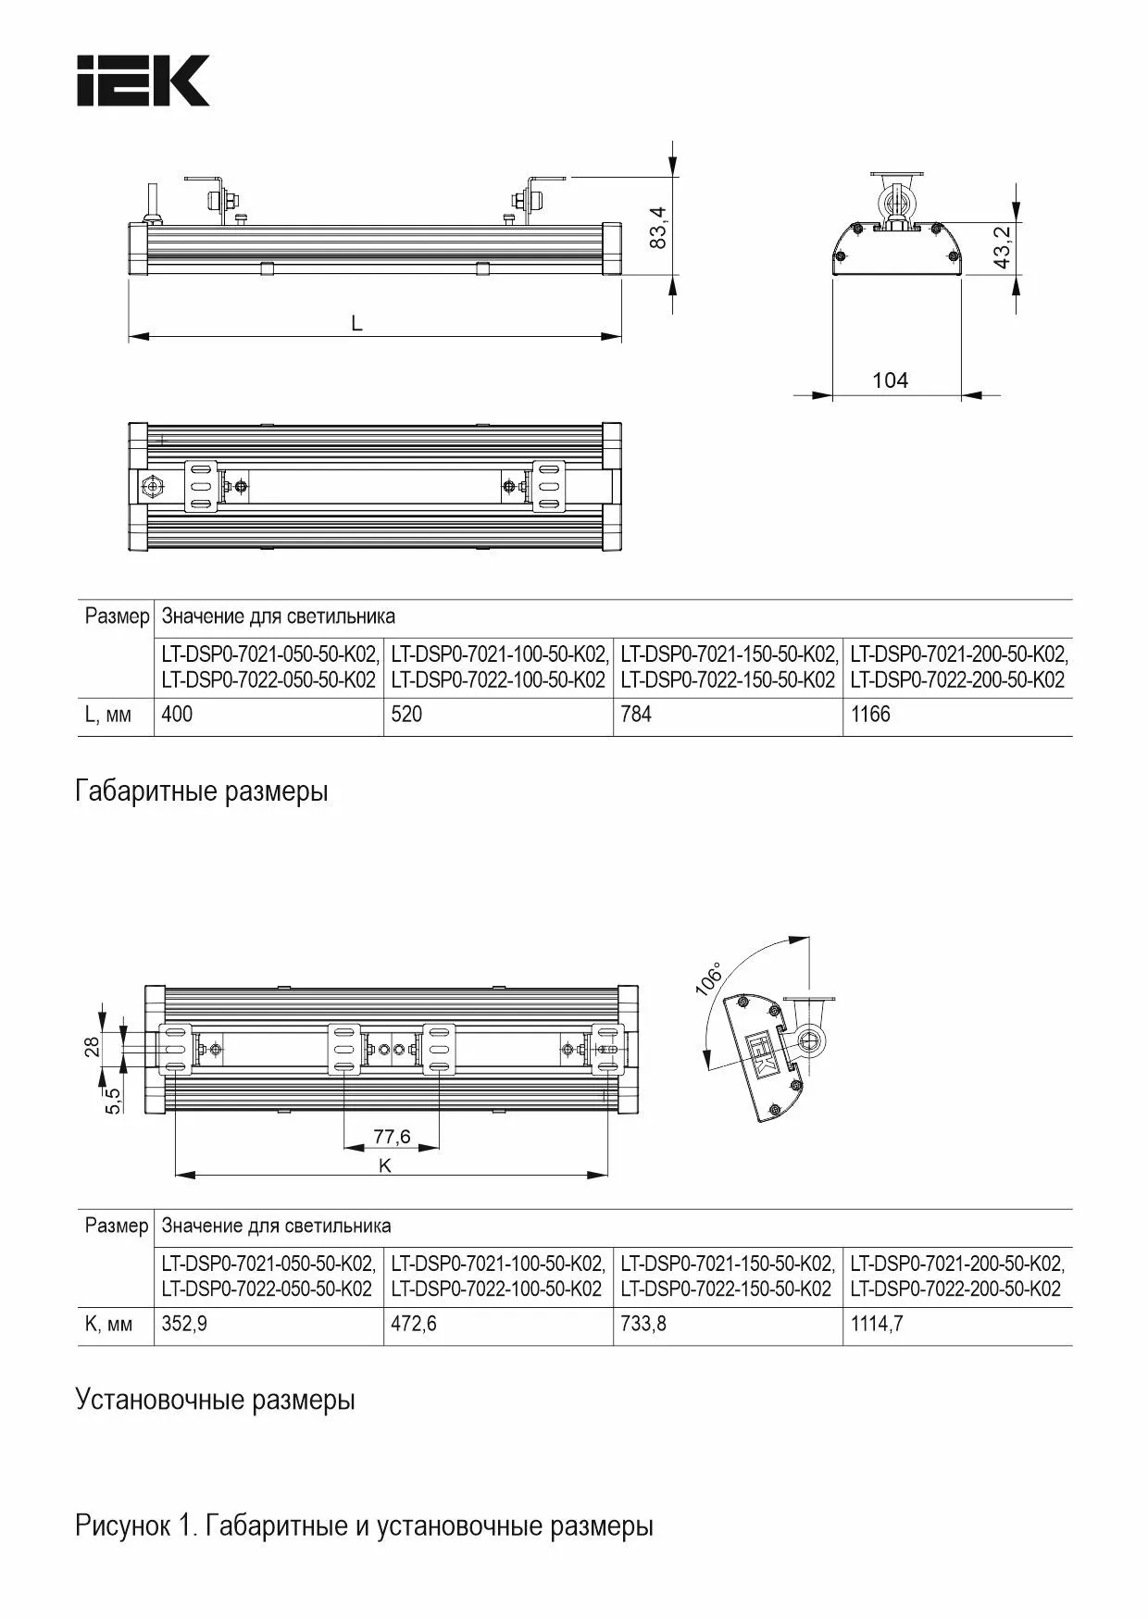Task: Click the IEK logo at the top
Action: click(x=143, y=81)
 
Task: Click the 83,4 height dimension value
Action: click(x=657, y=225)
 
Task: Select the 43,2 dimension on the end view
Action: click(x=1002, y=247)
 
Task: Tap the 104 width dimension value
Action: click(x=890, y=380)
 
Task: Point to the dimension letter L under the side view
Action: click(x=356, y=323)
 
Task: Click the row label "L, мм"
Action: click(x=108, y=715)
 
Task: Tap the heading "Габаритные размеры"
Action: click(x=202, y=792)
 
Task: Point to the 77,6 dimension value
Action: click(x=392, y=1136)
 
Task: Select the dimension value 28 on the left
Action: click(x=92, y=1047)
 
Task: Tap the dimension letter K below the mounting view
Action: click(x=385, y=1165)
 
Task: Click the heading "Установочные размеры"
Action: click(x=215, y=1400)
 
